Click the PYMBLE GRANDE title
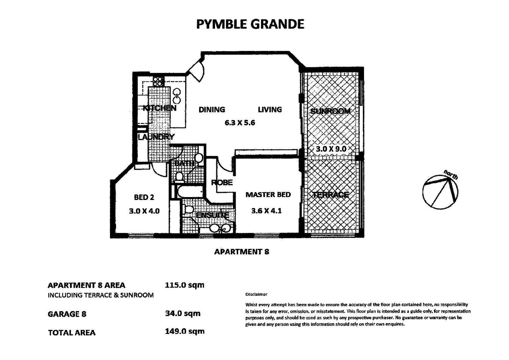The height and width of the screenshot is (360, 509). click(x=250, y=24)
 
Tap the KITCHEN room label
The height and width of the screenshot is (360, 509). click(x=159, y=108)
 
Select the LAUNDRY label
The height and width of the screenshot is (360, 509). click(x=156, y=137)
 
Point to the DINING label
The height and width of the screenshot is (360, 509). click(x=212, y=110)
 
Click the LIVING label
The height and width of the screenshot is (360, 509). click(x=270, y=110)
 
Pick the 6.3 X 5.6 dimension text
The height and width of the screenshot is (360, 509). click(x=240, y=123)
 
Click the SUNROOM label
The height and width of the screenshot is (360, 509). click(x=330, y=111)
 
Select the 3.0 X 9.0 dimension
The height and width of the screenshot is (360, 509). click(x=331, y=149)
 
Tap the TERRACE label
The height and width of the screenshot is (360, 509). click(x=330, y=195)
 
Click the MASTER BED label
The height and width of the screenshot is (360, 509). click(x=268, y=195)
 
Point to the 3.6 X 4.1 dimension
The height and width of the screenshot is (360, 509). click(x=266, y=211)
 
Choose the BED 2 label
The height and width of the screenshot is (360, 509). click(x=144, y=197)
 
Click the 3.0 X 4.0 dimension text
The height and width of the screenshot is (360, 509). click(x=144, y=211)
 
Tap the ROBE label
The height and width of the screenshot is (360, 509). click(x=222, y=183)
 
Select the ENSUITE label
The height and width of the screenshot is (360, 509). click(x=212, y=215)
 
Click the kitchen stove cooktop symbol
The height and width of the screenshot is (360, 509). click(x=159, y=81)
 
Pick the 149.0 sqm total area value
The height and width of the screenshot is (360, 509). click(x=184, y=331)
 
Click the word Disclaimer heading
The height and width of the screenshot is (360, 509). click(x=256, y=294)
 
